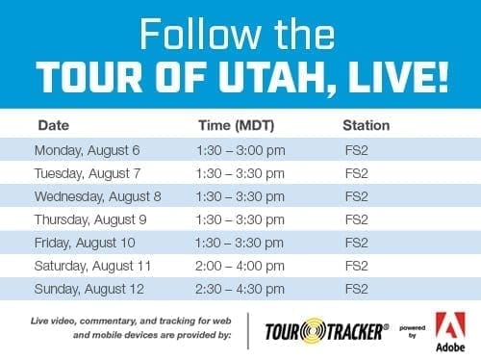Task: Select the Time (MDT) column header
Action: [232, 125]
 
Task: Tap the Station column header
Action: [366, 125]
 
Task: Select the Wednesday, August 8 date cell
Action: [98, 196]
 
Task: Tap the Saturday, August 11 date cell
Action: [94, 266]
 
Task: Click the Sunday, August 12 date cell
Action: [89, 289]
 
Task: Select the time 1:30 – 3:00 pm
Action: [239, 150]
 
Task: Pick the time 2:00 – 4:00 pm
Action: [239, 266]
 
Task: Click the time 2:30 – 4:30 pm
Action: [239, 289]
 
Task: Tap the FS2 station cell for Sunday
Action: [356, 289]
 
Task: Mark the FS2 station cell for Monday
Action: [356, 150]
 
